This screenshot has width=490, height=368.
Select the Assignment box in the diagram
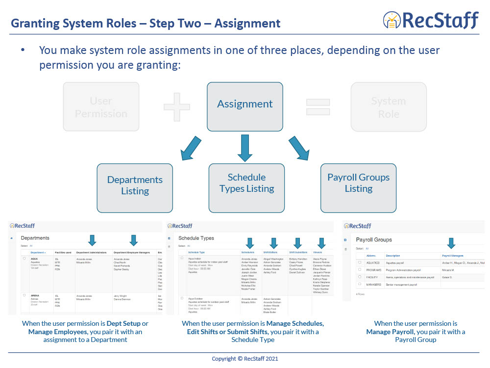pyautogui.click(x=245, y=104)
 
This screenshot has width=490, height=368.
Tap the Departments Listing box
pyautogui.click(x=135, y=185)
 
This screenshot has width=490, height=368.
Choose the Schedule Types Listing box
pyautogui.click(x=246, y=183)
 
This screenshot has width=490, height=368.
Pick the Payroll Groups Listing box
pyautogui.click(x=358, y=183)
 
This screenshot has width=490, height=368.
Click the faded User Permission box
pyautogui.click(x=101, y=107)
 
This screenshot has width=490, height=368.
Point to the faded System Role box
pyautogui.click(x=388, y=107)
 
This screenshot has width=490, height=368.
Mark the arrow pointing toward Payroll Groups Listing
pyautogui.click(x=299, y=149)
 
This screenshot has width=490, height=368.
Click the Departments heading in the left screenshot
pyautogui.click(x=35, y=238)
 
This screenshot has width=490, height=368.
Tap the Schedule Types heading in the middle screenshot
pyautogui.click(x=196, y=238)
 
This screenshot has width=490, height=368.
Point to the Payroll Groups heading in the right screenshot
pyautogui.click(x=373, y=240)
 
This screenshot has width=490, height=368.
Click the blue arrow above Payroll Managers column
pyautogui.click(x=451, y=243)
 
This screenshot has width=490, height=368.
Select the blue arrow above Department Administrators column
pyautogui.click(x=92, y=240)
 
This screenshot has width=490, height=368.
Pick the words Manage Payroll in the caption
pyautogui.click(x=390, y=332)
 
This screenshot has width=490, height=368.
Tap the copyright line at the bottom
pyautogui.click(x=245, y=359)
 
